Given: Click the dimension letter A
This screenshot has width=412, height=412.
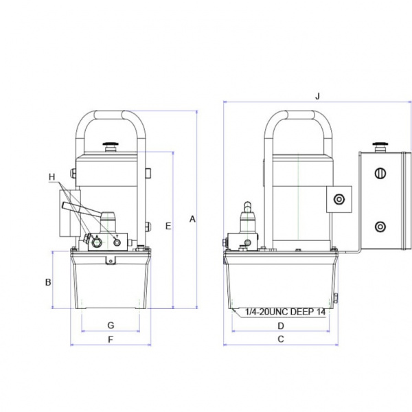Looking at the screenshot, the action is (192, 219).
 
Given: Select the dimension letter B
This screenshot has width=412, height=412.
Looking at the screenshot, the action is (48, 282).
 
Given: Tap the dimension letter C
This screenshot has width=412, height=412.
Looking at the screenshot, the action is (281, 339).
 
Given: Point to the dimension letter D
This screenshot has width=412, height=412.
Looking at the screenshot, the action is (281, 326).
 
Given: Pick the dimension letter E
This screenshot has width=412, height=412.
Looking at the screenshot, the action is (168, 226).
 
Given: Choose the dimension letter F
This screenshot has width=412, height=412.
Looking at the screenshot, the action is (111, 339).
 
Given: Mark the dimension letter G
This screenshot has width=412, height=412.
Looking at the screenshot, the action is (111, 325).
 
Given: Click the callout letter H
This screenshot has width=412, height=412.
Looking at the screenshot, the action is (52, 177).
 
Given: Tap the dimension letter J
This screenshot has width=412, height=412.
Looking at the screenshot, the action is (318, 96).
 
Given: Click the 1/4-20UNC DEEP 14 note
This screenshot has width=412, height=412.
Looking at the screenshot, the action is (285, 312).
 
